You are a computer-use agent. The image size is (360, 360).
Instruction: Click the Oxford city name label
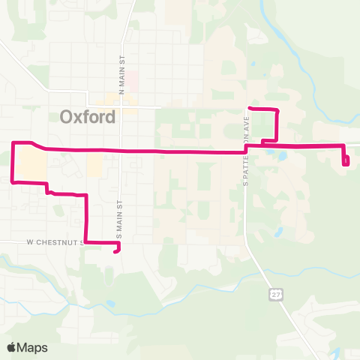88,117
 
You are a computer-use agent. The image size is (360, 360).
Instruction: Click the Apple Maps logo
27,347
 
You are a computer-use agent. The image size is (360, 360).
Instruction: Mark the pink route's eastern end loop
346,160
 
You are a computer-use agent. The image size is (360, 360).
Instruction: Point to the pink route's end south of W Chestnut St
115,252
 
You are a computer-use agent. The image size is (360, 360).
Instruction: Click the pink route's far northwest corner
13,142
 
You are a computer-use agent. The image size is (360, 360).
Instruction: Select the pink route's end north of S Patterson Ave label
249,109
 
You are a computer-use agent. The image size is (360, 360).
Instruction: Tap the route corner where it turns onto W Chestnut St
86,242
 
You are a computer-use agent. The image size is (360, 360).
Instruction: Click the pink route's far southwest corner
13,181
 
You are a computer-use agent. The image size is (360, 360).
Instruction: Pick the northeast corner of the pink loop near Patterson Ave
278,111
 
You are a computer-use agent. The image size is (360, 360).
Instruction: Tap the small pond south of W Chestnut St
110,304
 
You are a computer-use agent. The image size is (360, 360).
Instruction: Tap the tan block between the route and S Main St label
94,166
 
